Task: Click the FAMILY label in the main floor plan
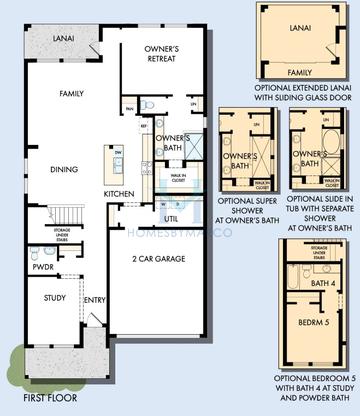pos(71,94)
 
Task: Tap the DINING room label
pos(65,170)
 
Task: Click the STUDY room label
pos(56,297)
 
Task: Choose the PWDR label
pos(43,267)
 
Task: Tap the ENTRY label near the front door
pos(95,298)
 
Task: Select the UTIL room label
pos(171,218)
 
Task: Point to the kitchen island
pos(117,162)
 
